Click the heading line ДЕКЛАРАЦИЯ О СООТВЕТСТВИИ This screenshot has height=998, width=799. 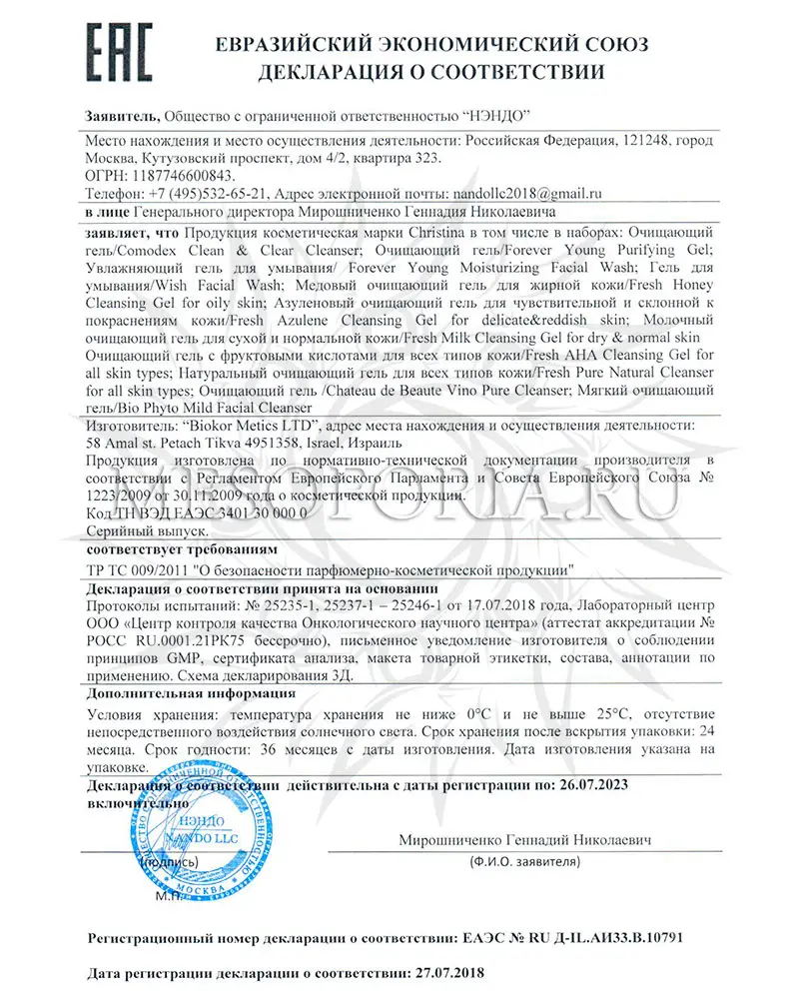431,72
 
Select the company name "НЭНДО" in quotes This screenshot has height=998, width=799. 495,117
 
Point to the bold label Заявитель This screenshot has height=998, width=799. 123,117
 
